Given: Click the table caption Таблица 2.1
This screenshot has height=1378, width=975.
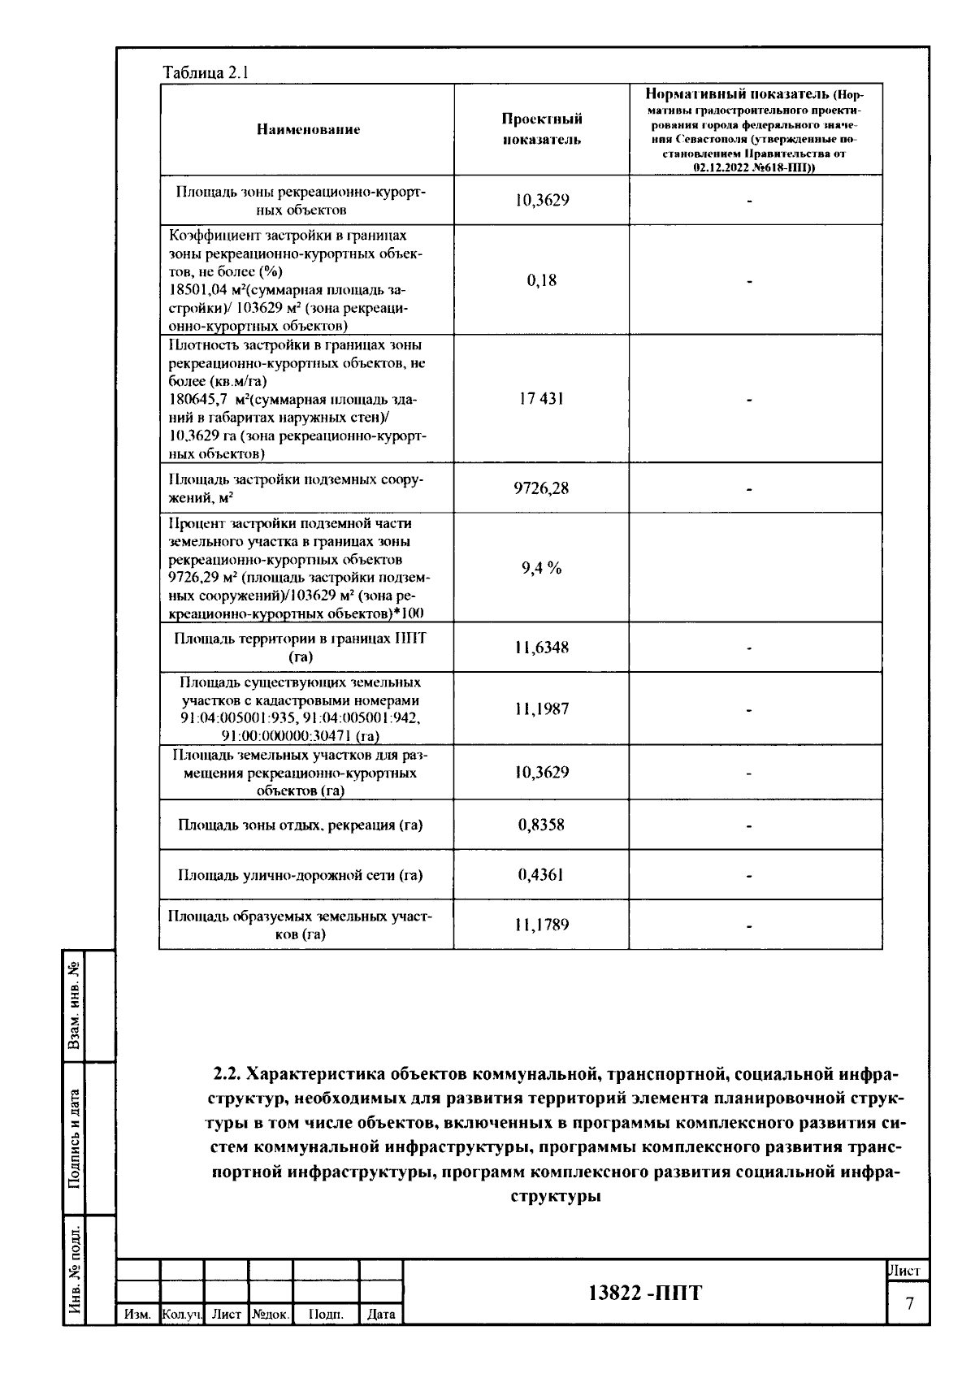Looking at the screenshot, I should [x=206, y=72].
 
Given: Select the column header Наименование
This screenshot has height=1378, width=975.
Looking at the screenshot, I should [x=308, y=129].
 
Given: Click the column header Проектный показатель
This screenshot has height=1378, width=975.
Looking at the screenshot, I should [x=541, y=129].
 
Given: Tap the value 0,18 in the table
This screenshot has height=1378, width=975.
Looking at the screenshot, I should [x=541, y=280].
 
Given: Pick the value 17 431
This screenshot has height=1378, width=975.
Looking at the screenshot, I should [x=541, y=399].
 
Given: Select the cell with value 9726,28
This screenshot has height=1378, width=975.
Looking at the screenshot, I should [x=541, y=488].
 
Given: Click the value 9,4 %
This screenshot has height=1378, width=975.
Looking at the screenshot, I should [x=541, y=568].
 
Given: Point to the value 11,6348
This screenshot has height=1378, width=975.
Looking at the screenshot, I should [x=541, y=648].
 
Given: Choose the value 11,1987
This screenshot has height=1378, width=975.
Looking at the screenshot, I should [x=541, y=708].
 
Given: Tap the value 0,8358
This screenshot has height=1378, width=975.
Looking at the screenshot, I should [x=541, y=825].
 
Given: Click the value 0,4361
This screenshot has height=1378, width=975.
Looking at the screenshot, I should [x=541, y=875].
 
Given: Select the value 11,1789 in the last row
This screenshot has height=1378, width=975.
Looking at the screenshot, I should [x=541, y=925].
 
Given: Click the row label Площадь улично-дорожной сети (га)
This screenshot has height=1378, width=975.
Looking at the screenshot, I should [x=301, y=875].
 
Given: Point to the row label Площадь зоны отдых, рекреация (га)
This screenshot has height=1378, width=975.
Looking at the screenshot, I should [x=301, y=825].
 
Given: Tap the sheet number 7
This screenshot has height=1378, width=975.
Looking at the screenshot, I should [x=909, y=1304].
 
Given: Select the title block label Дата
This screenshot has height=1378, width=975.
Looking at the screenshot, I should [x=381, y=1314].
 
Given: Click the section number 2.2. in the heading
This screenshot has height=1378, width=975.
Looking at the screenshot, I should [x=227, y=1074].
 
